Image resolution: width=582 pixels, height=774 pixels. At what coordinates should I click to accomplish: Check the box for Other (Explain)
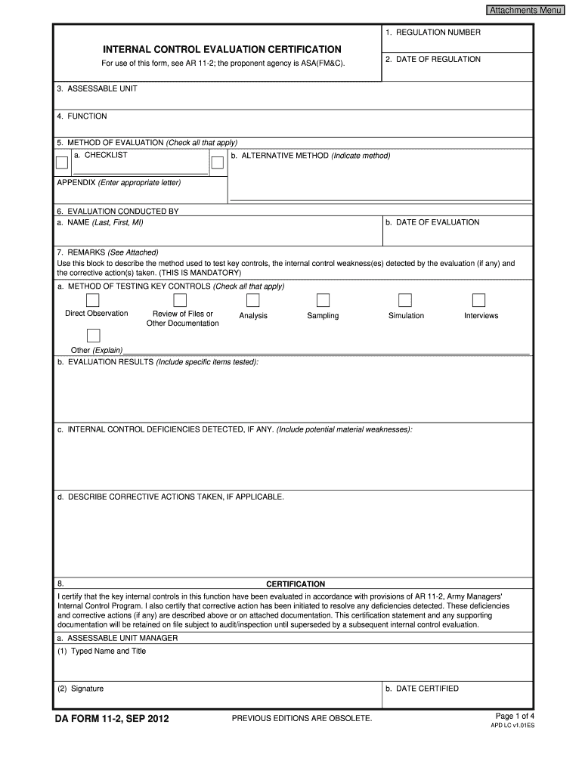coord(94,336)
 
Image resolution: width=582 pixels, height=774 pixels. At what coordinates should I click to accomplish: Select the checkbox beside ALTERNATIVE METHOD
coord(218,163)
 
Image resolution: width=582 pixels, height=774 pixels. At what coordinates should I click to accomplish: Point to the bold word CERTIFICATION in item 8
coord(296,584)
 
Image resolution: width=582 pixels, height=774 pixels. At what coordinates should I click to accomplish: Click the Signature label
coord(80,689)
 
